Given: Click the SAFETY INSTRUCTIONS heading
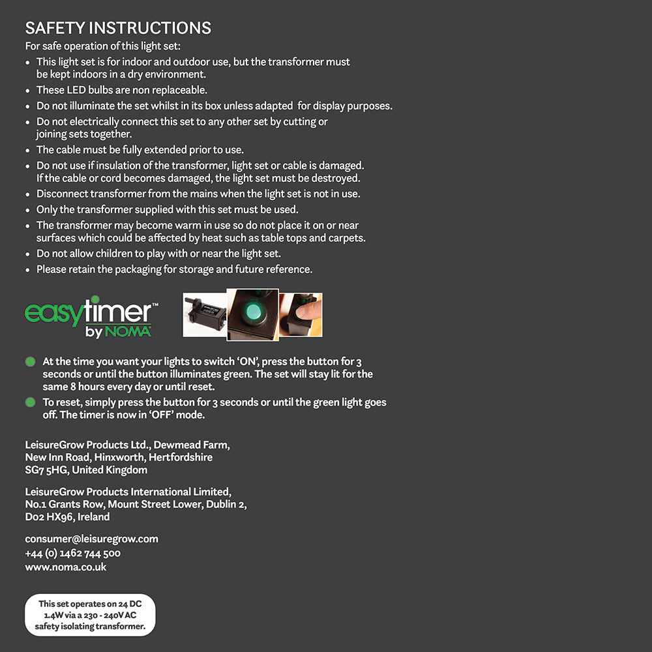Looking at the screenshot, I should (x=118, y=28).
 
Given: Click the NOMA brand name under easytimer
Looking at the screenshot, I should (x=127, y=331).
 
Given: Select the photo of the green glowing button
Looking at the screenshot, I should (x=252, y=314).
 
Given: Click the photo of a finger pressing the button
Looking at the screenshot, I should (x=301, y=315).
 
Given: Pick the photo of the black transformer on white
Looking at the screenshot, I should (x=204, y=315).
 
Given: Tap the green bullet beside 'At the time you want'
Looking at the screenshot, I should (x=30, y=361).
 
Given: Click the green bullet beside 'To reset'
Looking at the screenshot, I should (x=30, y=402).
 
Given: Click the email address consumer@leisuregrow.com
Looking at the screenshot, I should (x=91, y=539).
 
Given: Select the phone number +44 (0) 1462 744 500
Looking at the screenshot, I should (x=72, y=554).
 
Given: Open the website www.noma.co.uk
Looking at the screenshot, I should (x=65, y=567).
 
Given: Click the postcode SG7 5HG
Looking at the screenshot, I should (x=46, y=470).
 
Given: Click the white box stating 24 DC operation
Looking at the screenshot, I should (x=90, y=615).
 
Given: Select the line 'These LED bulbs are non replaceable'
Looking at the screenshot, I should (x=121, y=90).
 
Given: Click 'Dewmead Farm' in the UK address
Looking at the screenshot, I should (x=191, y=445).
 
